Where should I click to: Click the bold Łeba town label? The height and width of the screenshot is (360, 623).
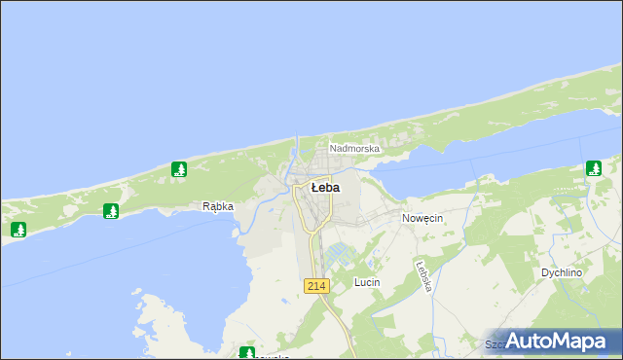324,187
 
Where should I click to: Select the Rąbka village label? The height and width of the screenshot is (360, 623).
217,206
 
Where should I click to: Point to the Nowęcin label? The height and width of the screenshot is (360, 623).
422,219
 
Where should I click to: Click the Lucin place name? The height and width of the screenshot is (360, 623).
367,282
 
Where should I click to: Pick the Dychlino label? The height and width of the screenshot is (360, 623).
562,273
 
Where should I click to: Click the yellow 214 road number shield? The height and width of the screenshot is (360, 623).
315,286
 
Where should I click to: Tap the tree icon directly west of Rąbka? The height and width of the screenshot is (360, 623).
111,210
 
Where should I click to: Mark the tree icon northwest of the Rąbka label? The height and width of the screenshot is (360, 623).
179,169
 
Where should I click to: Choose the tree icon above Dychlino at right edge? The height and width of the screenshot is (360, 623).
593,168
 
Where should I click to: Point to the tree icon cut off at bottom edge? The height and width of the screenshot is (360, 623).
247,353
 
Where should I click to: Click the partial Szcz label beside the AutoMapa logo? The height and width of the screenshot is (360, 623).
495,344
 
